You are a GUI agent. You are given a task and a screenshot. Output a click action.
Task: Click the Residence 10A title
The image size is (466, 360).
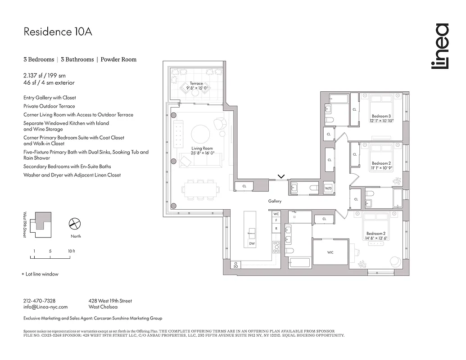point(58,32)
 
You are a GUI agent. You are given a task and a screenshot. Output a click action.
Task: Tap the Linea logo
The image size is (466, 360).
point(439,46)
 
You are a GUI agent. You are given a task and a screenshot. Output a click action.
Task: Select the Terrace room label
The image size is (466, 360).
point(196,84)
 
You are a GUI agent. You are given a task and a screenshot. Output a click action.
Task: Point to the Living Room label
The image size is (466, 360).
point(202,148)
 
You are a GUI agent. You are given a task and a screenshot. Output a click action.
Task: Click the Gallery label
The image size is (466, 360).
point(275,201)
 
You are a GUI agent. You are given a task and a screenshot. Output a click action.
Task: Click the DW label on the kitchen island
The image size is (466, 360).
point(251,243)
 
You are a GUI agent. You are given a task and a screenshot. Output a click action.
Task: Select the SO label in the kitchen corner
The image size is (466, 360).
point(235,267)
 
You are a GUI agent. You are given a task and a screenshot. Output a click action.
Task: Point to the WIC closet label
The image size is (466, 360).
point(330,252)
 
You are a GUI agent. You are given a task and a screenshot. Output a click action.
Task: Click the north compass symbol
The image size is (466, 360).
point(74,224)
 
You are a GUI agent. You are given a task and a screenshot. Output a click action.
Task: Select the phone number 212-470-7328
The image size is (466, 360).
point(39,301)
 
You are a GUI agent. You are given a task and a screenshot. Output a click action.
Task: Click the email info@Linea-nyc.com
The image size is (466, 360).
point(45,307)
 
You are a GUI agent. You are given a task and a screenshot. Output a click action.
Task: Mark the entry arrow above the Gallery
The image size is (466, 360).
point(281,176)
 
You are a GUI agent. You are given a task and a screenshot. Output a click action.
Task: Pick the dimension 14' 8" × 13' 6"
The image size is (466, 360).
point(376,238)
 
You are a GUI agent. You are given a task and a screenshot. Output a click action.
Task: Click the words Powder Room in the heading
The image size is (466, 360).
point(118,59)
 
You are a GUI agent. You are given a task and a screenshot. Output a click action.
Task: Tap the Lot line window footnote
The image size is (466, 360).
point(42,274)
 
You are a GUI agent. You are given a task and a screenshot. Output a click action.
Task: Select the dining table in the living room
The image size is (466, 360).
point(201,190)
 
